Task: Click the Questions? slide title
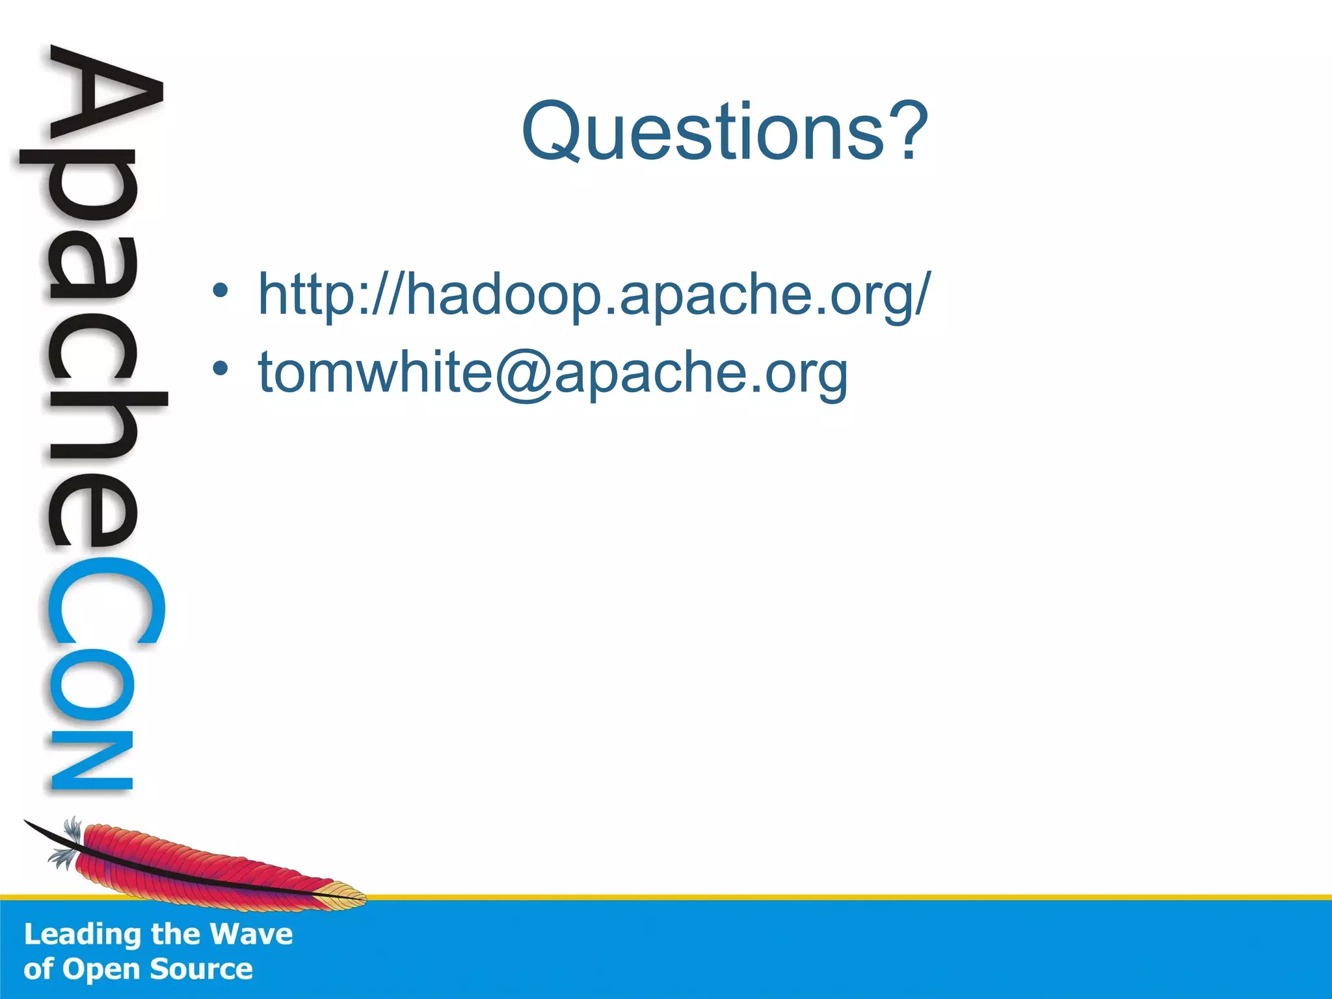click(724, 132)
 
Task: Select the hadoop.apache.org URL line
click(594, 295)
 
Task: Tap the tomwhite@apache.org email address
click(553, 372)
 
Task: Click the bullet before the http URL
click(220, 291)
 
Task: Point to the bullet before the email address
click(220, 369)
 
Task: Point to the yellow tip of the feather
click(345, 898)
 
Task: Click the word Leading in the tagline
click(83, 935)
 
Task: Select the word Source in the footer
click(201, 969)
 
